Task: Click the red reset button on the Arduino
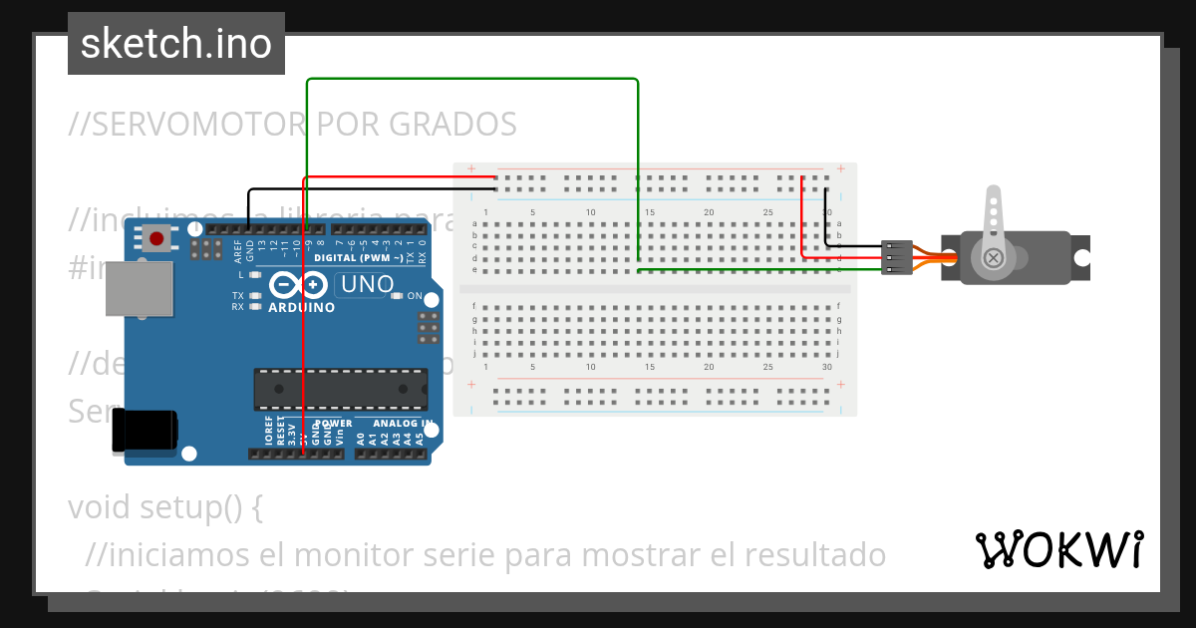tap(156, 239)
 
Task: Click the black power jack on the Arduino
tap(144, 431)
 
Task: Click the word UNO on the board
tap(368, 285)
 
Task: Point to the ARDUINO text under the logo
tap(301, 308)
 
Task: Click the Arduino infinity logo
tap(299, 286)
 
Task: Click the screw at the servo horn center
tap(993, 258)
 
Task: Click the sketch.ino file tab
tap(176, 44)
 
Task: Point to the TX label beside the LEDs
tap(238, 296)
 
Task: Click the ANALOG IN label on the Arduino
tap(404, 424)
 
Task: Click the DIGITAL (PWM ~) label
tap(360, 258)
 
